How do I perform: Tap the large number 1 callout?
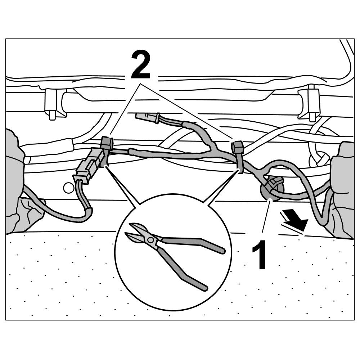260,255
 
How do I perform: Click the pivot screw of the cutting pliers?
150,239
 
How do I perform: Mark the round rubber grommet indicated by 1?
272,189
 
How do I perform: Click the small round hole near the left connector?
68,187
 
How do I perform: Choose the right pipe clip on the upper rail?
309,103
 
